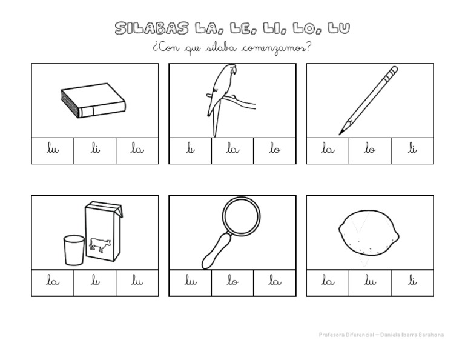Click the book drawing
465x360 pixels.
93,100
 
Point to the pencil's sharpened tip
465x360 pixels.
341,132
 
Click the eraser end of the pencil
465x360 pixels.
394,72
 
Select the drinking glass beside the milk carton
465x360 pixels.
73,249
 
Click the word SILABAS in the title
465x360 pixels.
152,28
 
